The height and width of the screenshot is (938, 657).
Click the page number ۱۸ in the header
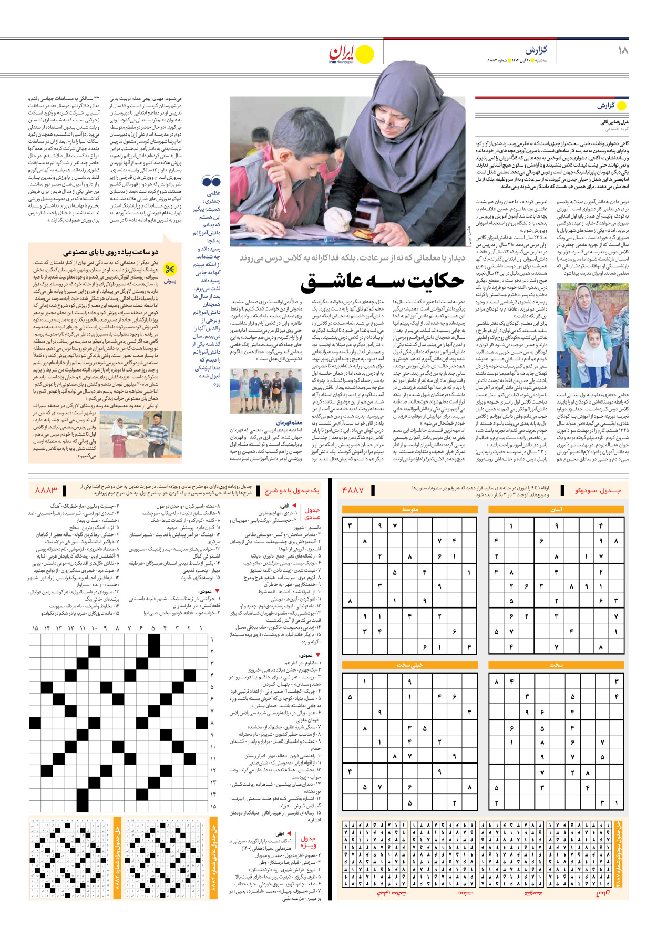coord(622,50)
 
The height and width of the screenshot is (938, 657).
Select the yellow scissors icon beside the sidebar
coord(169,270)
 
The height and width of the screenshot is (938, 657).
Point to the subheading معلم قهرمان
coord(289,422)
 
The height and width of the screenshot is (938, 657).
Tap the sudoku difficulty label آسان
coord(556,509)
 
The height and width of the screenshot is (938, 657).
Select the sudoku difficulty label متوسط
coord(410,509)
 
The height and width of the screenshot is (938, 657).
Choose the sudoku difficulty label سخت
coord(556,665)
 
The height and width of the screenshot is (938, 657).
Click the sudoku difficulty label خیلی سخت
coord(410,665)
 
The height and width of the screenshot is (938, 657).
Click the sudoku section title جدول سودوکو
coord(598,490)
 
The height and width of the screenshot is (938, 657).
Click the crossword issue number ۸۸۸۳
coord(46,490)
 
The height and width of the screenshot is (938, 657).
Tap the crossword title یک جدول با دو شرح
coord(292,490)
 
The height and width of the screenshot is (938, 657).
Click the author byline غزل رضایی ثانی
coord(614,122)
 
